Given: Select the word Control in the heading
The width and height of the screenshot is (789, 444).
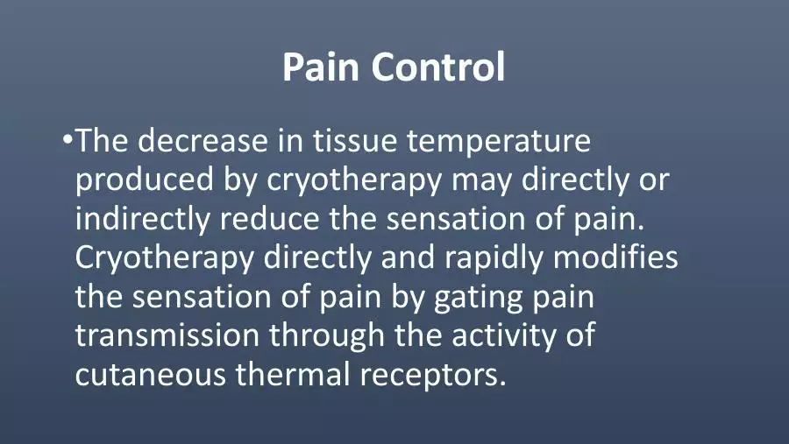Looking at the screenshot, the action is coord(438,67).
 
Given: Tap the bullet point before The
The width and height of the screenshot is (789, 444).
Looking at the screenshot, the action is coord(68,139).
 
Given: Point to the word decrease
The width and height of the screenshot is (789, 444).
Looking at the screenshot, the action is coord(203,140).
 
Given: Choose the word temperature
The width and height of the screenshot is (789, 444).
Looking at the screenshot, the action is coord(499,142).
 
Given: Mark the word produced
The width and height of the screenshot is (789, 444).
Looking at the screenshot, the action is coord(145,180).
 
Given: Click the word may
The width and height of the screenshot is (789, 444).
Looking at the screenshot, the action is coord(481,183).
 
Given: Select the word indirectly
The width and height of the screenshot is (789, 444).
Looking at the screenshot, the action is coord(142,219).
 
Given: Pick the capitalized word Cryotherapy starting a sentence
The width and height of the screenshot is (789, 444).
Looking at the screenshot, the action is coord(165,259).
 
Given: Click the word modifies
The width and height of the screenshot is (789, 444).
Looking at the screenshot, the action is coord(615,257).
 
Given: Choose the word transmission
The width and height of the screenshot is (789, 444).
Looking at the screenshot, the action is coord(167,335).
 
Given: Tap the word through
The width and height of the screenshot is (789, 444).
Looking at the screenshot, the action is coord(327,336).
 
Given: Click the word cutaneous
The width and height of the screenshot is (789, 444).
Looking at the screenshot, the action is coord(151,376).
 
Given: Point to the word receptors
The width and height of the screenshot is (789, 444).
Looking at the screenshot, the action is coord(432,377).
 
